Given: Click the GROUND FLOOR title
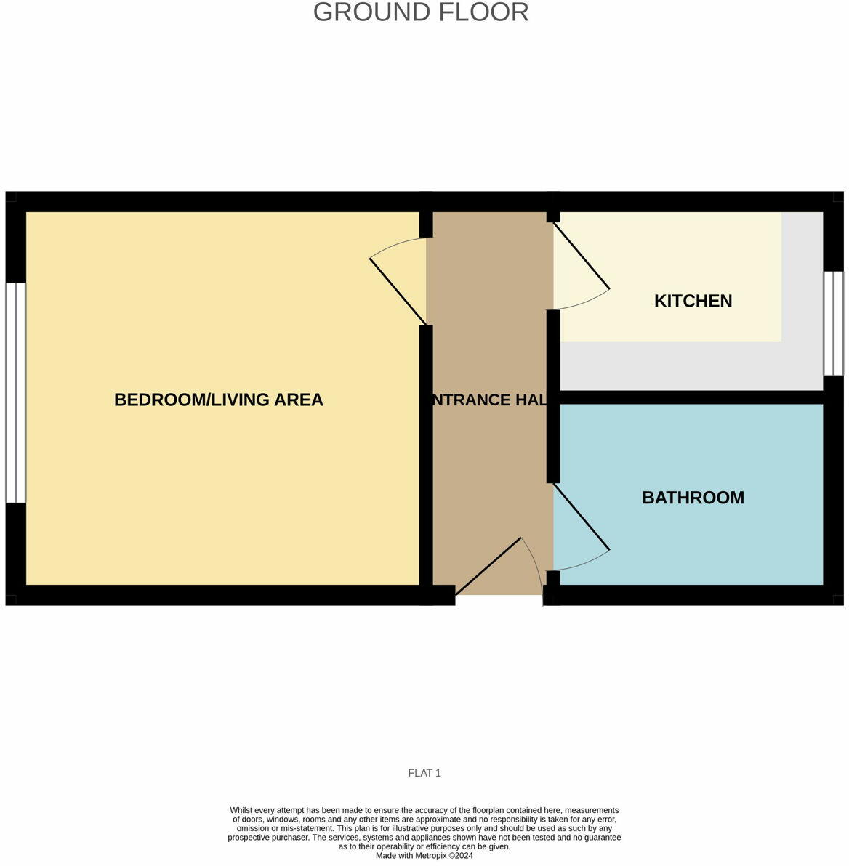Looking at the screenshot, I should click(x=421, y=12).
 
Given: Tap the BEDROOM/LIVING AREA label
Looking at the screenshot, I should click(x=218, y=400).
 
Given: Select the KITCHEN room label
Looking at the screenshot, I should click(x=693, y=301).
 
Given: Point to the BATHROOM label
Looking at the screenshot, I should click(x=693, y=498).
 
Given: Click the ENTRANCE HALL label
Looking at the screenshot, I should click(x=488, y=400).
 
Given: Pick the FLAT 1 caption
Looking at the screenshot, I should click(x=424, y=773).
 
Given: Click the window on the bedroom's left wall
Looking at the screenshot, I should click(x=15, y=392).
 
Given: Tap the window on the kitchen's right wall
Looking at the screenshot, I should click(x=833, y=323).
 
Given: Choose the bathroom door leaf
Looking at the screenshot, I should click(x=582, y=517).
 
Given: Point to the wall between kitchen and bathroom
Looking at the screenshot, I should click(x=691, y=397).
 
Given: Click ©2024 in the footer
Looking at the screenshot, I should click(x=461, y=856).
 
